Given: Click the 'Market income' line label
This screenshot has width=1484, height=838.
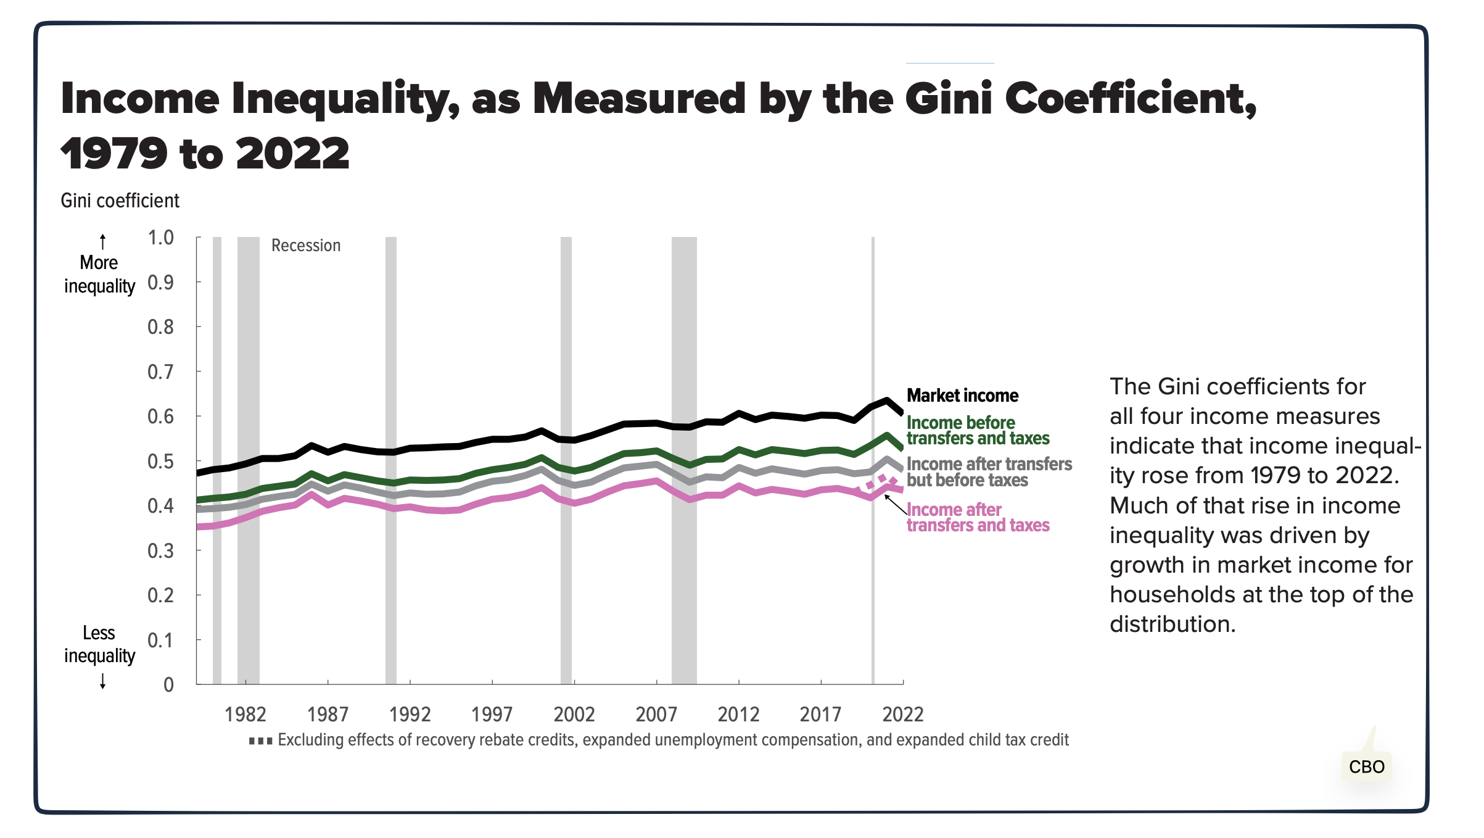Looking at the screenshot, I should coord(962,396).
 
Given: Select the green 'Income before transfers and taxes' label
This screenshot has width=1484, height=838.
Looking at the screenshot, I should coord(978,430).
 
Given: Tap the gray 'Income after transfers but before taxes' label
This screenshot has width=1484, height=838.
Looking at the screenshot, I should coord(989,472).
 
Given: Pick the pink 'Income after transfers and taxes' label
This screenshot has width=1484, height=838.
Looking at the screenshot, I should coord(978,517).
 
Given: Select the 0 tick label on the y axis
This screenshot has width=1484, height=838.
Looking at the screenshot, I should coord(168,685).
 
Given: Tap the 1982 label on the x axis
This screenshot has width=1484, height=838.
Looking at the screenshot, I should coord(245,715).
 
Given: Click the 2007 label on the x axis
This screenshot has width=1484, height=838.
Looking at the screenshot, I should coord(656,715).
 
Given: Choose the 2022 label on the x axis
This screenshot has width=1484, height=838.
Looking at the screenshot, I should coord(903,715).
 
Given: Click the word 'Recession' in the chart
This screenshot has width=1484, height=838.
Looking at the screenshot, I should coord(306,246).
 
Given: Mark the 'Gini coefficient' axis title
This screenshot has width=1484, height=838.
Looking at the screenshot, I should coord(120,201).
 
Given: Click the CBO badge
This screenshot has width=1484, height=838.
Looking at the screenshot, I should coord(1366,766).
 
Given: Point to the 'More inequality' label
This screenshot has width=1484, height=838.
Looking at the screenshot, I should coord(99,275).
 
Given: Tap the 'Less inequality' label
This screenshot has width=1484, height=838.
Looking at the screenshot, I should coord(99,644).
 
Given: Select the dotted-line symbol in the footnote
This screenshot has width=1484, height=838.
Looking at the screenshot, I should coord(260,741).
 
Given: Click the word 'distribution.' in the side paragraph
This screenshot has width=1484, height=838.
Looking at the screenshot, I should coord(1173,624).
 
